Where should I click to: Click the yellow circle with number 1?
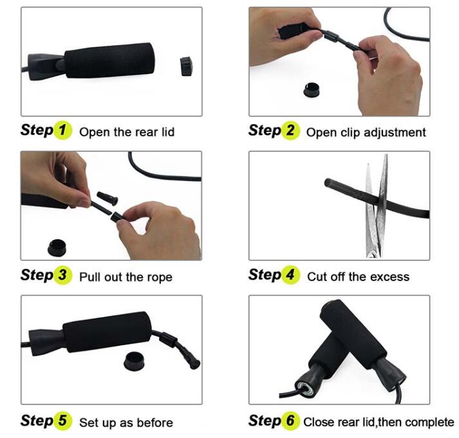point(62,131)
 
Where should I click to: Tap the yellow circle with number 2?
point(290,131)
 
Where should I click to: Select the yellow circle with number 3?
point(62,276)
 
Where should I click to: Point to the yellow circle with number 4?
point(290,275)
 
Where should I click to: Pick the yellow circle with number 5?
point(62,421)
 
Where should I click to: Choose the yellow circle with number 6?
point(290,421)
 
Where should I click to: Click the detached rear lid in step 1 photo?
point(187,64)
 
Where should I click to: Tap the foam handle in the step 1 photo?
point(109,61)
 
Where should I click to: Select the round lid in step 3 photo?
point(59,247)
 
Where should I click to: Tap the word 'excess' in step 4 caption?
point(389,277)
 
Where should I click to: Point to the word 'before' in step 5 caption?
point(155,423)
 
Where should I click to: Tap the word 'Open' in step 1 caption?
point(95,132)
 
